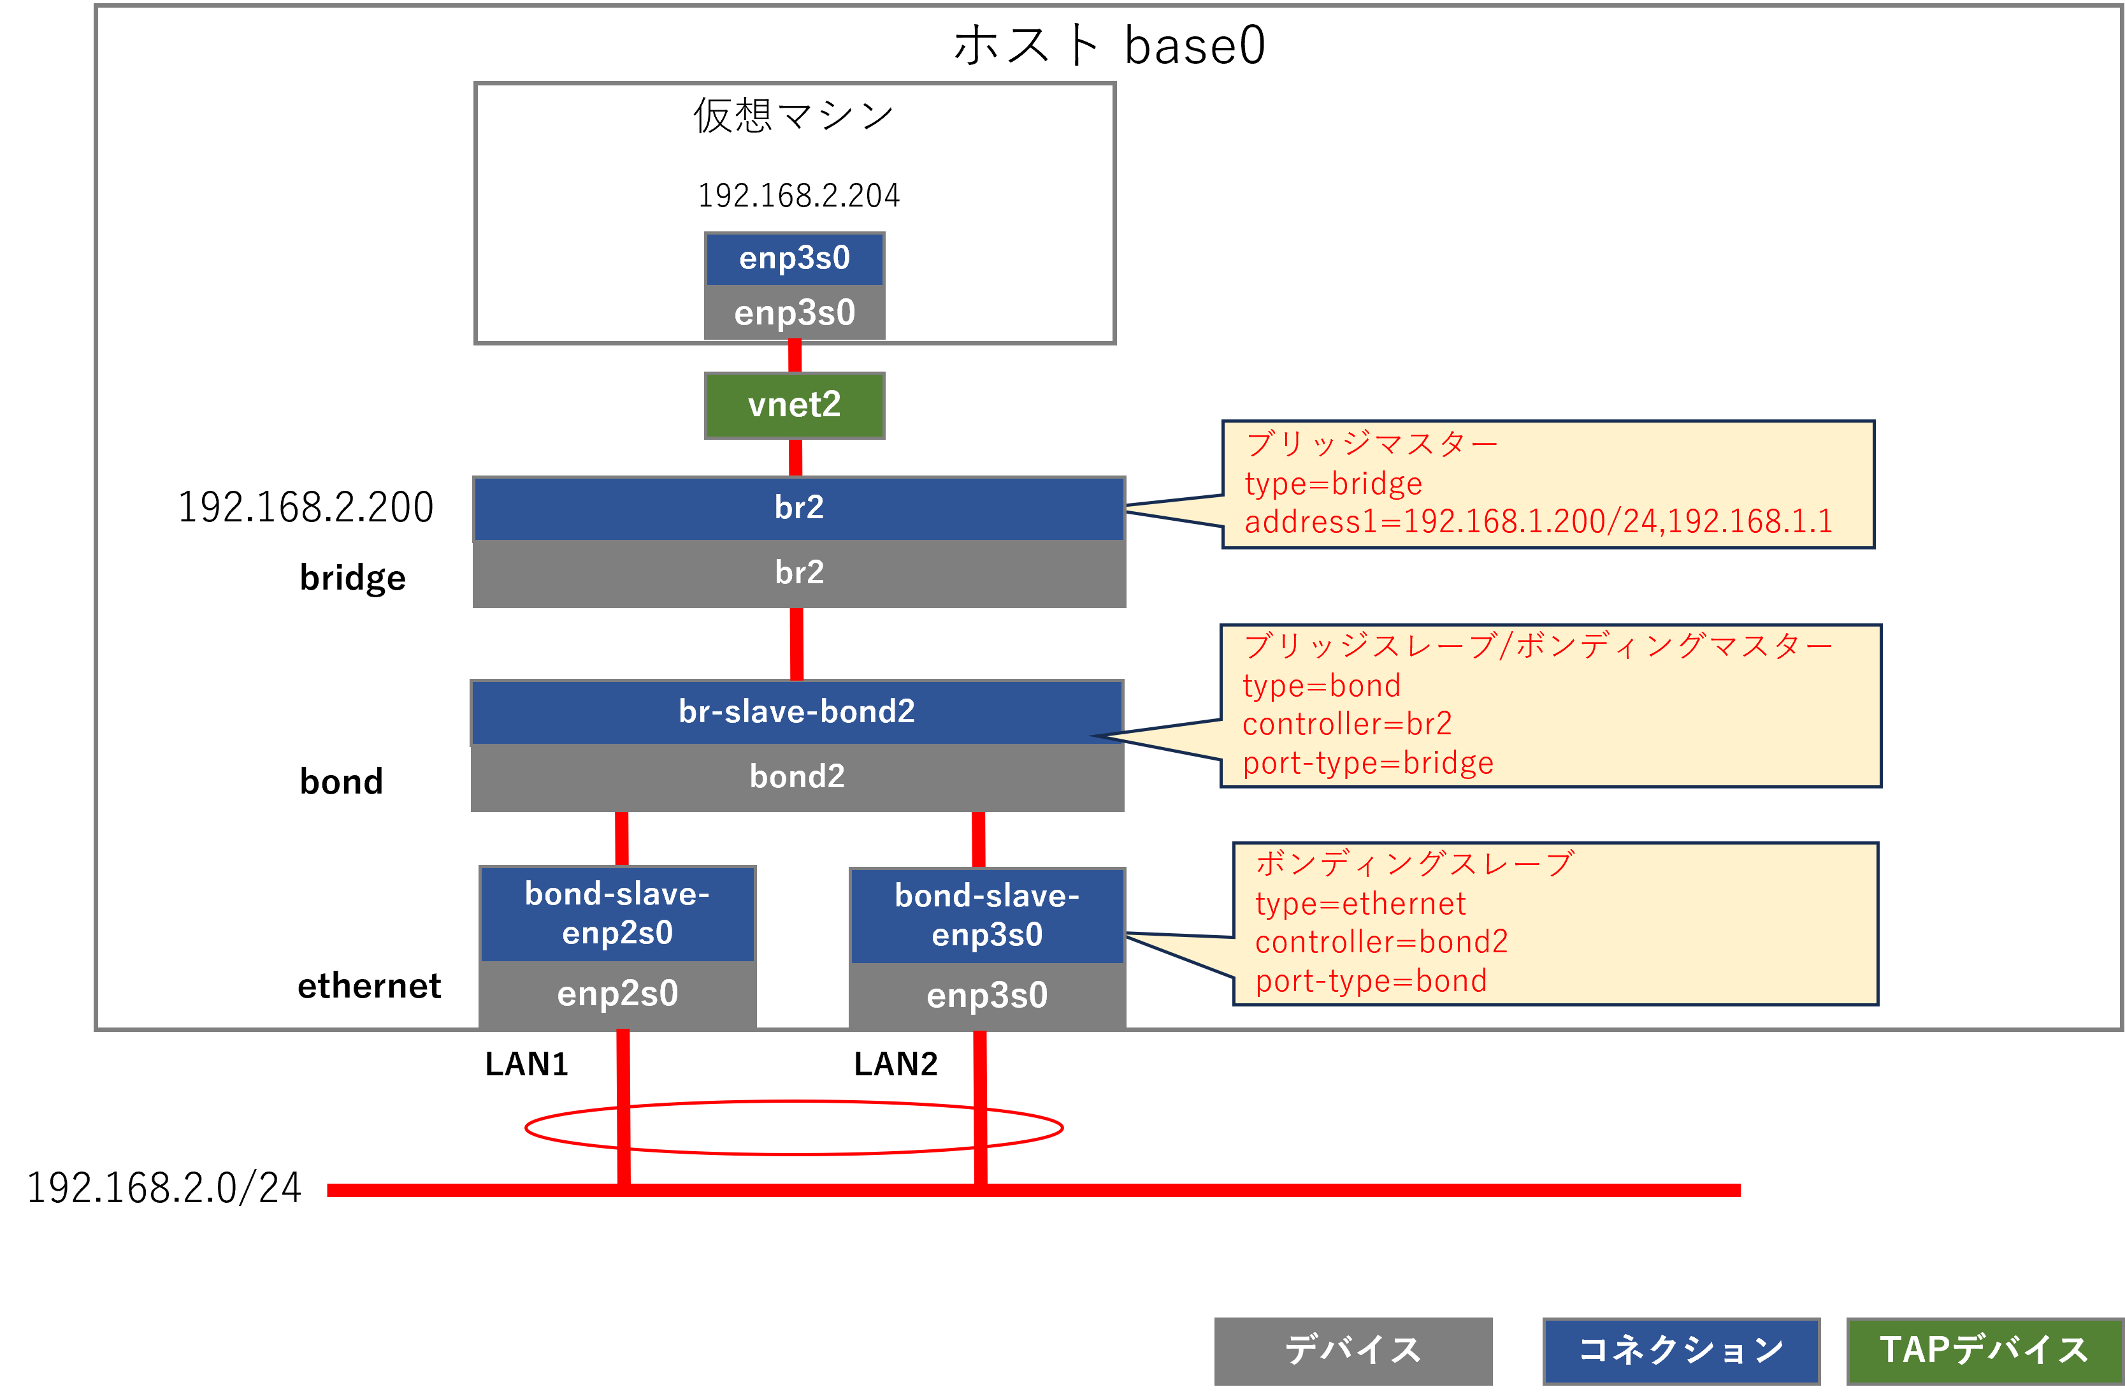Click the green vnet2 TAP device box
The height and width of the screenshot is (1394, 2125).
point(794,405)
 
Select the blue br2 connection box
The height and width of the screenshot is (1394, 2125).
point(798,508)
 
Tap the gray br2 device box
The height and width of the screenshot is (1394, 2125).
point(798,573)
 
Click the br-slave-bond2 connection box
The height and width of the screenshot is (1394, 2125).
point(796,712)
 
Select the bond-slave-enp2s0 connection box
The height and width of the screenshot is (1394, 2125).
point(617,913)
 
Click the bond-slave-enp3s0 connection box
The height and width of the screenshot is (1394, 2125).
point(986,915)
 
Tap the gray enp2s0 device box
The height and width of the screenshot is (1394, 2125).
point(617,994)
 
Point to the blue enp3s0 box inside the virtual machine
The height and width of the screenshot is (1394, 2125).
point(794,258)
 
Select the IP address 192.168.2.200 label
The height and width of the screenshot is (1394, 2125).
point(305,507)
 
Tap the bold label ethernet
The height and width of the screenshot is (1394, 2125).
point(369,986)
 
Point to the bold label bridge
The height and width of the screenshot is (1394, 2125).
point(352,577)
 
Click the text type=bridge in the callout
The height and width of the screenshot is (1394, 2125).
point(1333,483)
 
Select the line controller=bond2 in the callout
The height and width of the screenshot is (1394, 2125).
point(1381,941)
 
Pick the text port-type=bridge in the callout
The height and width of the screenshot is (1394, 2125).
point(1368,762)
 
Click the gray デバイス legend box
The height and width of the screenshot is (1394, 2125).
point(1352,1349)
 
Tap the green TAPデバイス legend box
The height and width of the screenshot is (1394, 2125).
point(1984,1349)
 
